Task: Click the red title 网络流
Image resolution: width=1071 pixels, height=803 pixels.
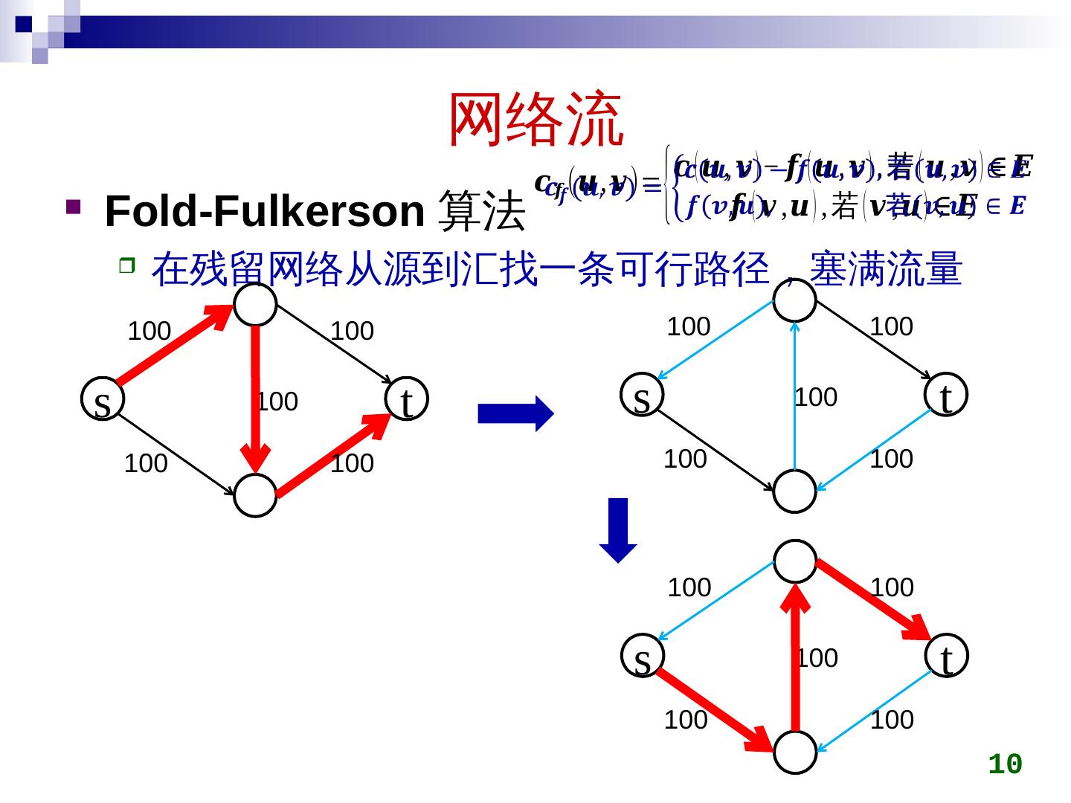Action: pyautogui.click(x=535, y=119)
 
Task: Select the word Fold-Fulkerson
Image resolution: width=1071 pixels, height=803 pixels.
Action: pyautogui.click(x=265, y=211)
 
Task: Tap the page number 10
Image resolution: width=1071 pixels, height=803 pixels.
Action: pyautogui.click(x=1005, y=764)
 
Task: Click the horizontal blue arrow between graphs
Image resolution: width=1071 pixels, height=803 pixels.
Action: pyautogui.click(x=515, y=413)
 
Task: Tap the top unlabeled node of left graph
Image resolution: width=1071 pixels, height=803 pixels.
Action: pyautogui.click(x=255, y=304)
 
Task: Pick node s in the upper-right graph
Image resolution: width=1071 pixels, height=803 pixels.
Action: pyautogui.click(x=642, y=395)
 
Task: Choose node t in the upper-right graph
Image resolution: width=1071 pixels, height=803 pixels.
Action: pyautogui.click(x=945, y=395)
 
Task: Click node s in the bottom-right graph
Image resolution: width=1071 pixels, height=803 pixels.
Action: pyautogui.click(x=642, y=657)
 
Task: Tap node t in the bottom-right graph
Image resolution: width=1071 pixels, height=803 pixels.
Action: pyautogui.click(x=945, y=657)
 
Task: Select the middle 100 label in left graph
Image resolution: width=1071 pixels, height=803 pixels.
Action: pyautogui.click(x=277, y=402)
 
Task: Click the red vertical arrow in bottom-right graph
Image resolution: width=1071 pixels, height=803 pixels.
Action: pyautogui.click(x=796, y=662)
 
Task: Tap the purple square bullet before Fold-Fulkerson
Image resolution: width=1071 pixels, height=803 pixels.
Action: pyautogui.click(x=73, y=206)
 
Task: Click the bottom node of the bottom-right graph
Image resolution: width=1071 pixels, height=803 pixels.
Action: pyautogui.click(x=795, y=752)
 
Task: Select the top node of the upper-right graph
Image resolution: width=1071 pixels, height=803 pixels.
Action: pyautogui.click(x=795, y=300)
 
